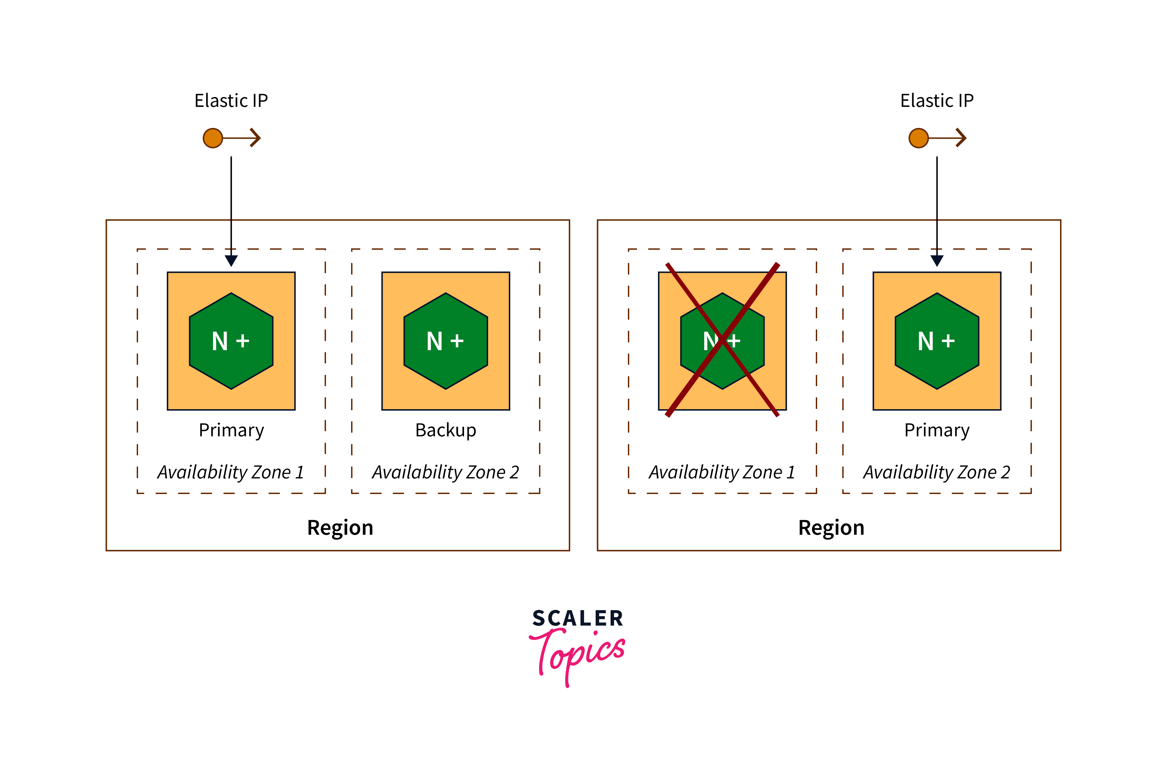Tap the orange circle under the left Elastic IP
click(x=213, y=138)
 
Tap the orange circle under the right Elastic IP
click(x=918, y=138)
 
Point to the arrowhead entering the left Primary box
click(x=231, y=261)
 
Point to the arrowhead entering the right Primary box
click(x=937, y=261)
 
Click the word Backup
click(x=446, y=430)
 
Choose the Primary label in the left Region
click(x=231, y=430)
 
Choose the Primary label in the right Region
click(x=937, y=430)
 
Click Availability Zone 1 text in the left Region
click(x=231, y=472)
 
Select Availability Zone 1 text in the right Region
click(x=722, y=472)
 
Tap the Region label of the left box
click(x=340, y=528)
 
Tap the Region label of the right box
click(x=831, y=528)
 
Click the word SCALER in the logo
click(x=577, y=618)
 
